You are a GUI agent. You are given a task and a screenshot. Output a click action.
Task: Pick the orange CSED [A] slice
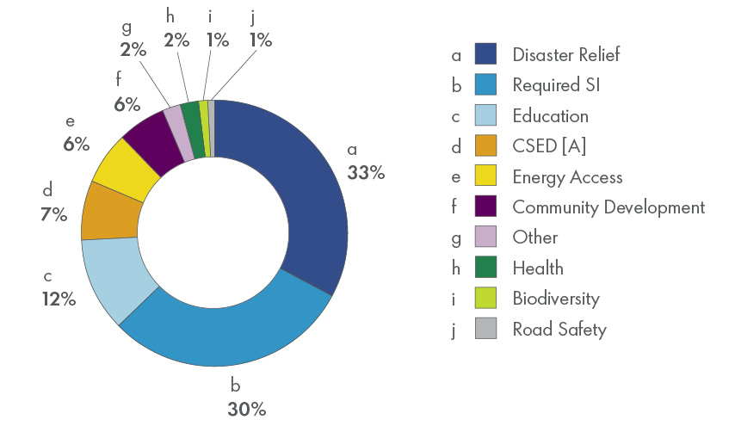coord(109,211)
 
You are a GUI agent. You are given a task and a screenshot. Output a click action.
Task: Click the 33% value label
coord(366,172)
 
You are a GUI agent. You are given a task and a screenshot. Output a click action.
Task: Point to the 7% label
coord(53,215)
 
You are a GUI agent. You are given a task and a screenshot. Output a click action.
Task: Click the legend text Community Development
coord(608,207)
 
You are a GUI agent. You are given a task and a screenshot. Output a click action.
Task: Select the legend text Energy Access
coord(566,177)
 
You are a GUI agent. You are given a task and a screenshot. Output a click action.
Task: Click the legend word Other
coord(534,238)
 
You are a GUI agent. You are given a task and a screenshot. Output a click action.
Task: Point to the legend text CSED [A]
coord(549,146)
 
